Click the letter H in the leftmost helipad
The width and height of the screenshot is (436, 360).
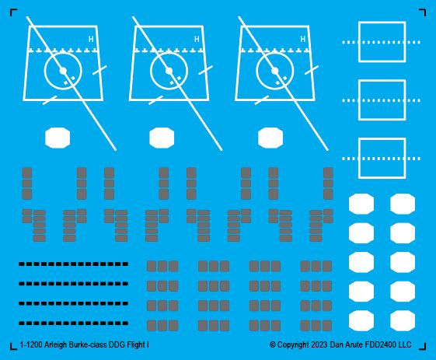pos(91,39)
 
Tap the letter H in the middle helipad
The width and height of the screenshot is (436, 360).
pos(197,39)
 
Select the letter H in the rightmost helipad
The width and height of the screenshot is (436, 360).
pos(303,39)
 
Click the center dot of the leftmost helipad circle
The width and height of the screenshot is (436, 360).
pos(63,72)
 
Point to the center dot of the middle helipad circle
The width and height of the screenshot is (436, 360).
pos(169,72)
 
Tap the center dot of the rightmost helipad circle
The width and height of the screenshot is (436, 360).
pos(274,72)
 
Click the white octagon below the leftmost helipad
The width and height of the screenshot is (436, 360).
pos(58,138)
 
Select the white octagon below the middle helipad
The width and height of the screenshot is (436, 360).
pos(162,138)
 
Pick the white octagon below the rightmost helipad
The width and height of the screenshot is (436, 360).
pos(270,138)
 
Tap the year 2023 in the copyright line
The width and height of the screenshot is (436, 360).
pos(319,345)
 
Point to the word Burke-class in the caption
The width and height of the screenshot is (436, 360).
pos(88,345)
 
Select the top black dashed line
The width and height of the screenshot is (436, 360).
pos(73,264)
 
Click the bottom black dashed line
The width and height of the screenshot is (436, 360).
pos(73,323)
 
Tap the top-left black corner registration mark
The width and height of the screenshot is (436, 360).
pos(13,12)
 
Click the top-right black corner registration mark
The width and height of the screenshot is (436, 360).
pos(422,12)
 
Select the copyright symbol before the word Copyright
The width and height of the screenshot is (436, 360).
pos(273,345)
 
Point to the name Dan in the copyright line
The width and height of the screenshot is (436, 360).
pos(337,345)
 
